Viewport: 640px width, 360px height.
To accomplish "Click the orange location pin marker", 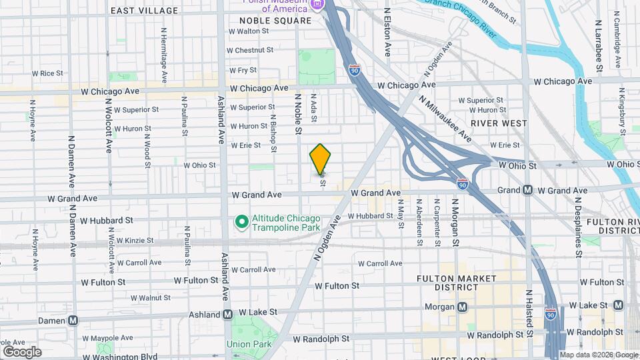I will pyautogui.click(x=320, y=159).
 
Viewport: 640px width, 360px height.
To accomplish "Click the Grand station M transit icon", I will pyautogui.click(x=527, y=191).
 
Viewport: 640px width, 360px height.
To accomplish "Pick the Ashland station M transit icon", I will pyautogui.click(x=227, y=314).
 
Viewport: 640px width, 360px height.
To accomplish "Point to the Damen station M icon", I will pyautogui.click(x=73, y=320).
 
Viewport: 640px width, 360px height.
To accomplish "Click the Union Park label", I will pyautogui.click(x=248, y=344).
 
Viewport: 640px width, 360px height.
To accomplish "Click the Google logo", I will pyautogui.click(x=22, y=351).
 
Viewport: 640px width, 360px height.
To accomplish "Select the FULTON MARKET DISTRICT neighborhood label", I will pyautogui.click(x=447, y=282).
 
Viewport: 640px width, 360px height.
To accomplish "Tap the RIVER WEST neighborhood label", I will pyautogui.click(x=499, y=123).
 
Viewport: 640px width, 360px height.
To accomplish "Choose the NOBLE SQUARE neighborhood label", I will pyautogui.click(x=275, y=21).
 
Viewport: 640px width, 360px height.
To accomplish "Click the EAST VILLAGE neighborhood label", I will pyautogui.click(x=145, y=11).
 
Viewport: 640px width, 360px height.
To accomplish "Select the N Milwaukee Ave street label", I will pyautogui.click(x=445, y=119).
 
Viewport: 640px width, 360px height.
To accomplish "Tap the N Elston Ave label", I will pyautogui.click(x=387, y=32).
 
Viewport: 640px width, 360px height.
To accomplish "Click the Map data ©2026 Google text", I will pyautogui.click(x=598, y=355).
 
